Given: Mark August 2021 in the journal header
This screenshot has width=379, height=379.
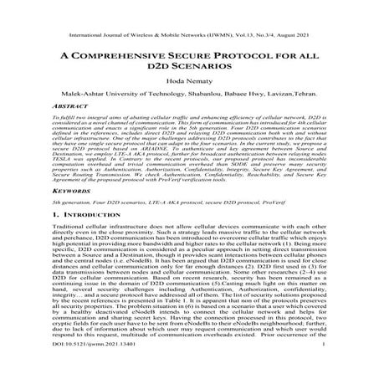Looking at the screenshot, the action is tap(327, 13).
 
